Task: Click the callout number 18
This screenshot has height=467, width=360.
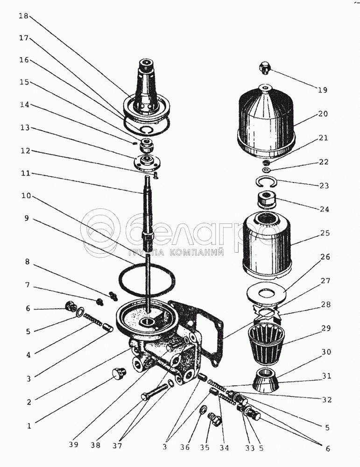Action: click(24, 16)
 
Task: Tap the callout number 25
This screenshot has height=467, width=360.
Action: click(325, 232)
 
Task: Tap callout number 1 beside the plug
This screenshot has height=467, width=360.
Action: click(29, 425)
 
